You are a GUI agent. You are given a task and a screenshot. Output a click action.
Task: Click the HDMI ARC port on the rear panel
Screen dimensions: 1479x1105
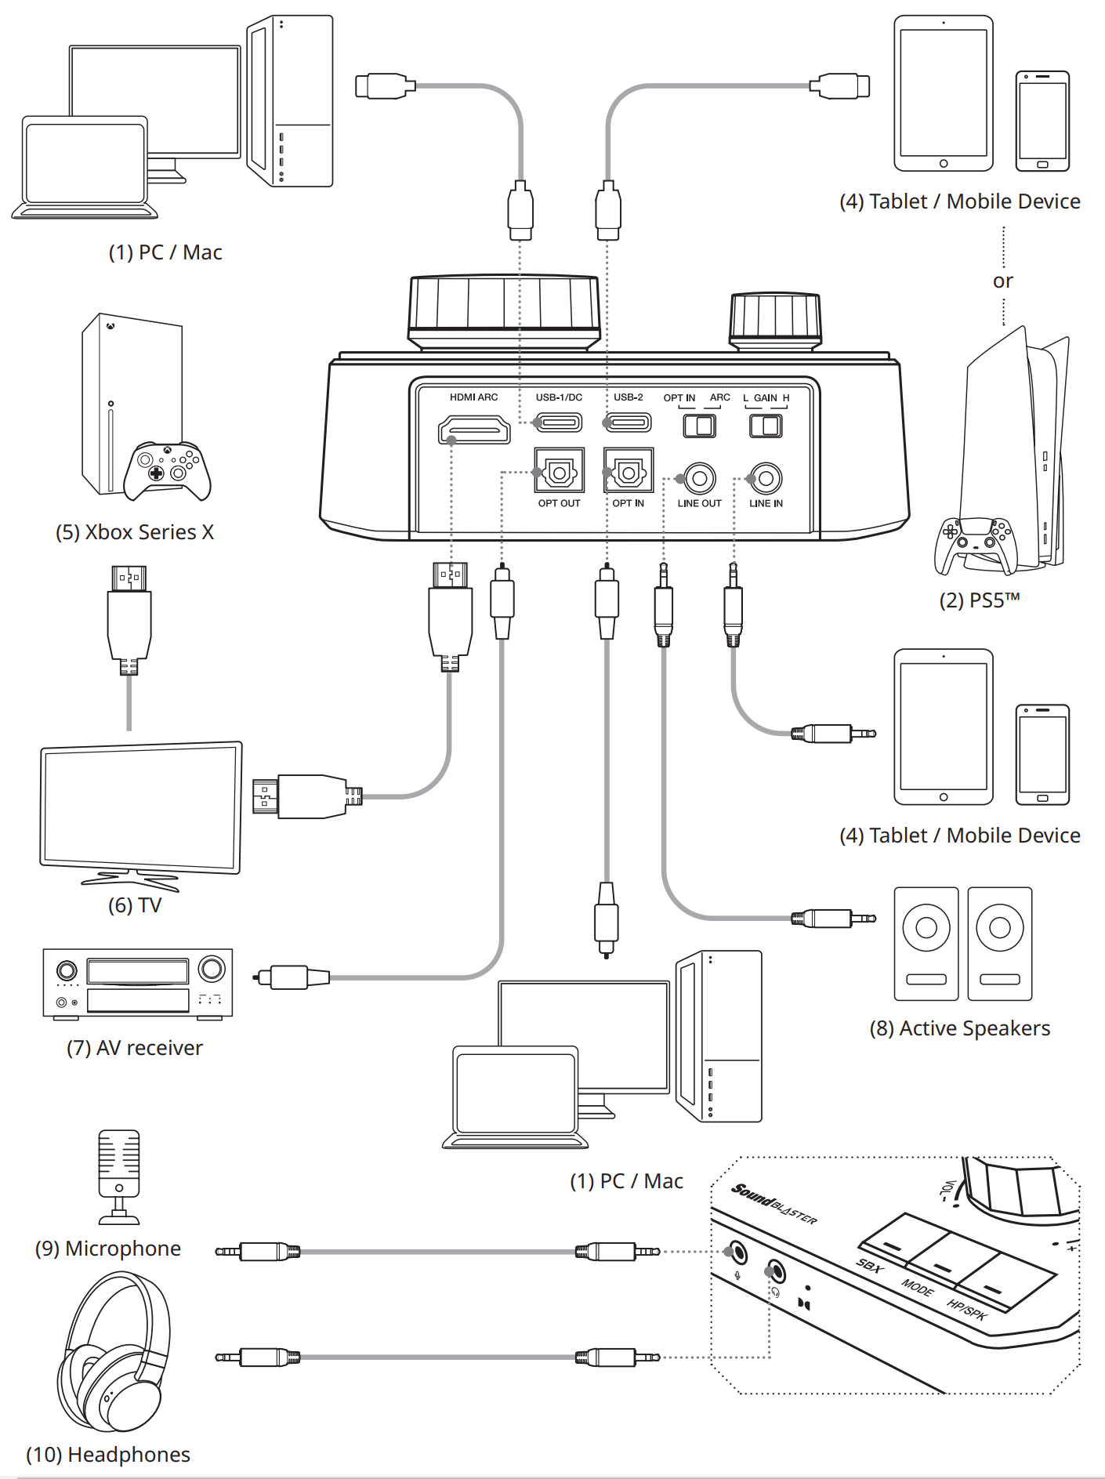pos(474,430)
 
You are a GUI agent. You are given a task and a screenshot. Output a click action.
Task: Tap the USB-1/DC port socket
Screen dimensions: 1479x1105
pos(560,423)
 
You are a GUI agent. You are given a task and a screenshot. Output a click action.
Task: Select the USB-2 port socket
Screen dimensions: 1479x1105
pos(629,423)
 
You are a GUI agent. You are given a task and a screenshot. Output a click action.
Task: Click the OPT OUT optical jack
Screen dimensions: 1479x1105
pos(559,471)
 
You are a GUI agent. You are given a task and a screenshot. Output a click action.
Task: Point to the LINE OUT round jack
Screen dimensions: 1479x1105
pos(700,477)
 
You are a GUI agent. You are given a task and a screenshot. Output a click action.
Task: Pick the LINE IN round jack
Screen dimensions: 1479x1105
pos(766,477)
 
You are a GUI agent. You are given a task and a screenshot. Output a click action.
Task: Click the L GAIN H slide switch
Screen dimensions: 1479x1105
pos(766,426)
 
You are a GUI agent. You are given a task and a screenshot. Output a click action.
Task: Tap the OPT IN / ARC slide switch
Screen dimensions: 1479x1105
pos(699,426)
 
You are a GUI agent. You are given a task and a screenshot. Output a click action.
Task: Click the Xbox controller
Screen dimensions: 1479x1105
pos(167,470)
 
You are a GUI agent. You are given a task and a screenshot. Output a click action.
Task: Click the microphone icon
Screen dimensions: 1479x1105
pos(119,1176)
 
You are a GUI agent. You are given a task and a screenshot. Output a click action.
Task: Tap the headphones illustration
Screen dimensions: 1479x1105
pos(114,1352)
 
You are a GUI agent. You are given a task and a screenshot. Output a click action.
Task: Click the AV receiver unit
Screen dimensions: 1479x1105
pos(138,983)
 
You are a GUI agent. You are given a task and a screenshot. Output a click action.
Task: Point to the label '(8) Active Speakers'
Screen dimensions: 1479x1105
pos(959,1028)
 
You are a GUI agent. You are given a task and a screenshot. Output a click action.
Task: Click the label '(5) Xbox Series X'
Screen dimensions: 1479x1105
pos(134,532)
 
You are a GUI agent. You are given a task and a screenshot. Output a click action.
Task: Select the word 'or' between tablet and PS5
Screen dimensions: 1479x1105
pos(1002,281)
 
